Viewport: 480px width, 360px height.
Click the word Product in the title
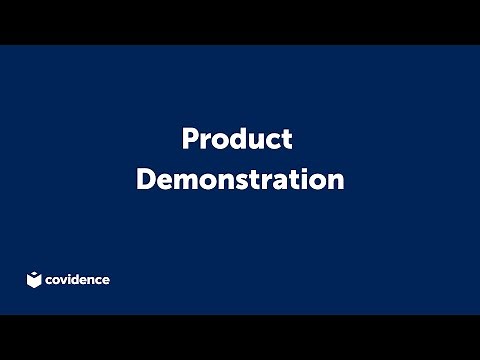[x=237, y=139]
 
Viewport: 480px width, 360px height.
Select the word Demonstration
[x=240, y=180]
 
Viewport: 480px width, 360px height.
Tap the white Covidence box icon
[x=34, y=279]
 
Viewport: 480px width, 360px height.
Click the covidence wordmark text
[x=78, y=280]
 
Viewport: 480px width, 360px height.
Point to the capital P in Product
[x=189, y=139]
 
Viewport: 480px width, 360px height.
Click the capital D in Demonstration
[x=144, y=180]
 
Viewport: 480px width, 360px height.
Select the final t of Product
[x=287, y=140]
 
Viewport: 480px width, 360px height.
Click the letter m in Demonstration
[x=185, y=182]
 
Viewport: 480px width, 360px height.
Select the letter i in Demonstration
[x=306, y=180]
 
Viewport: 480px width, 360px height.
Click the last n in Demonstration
[x=336, y=182]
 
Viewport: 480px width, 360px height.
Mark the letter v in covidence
[x=65, y=281]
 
